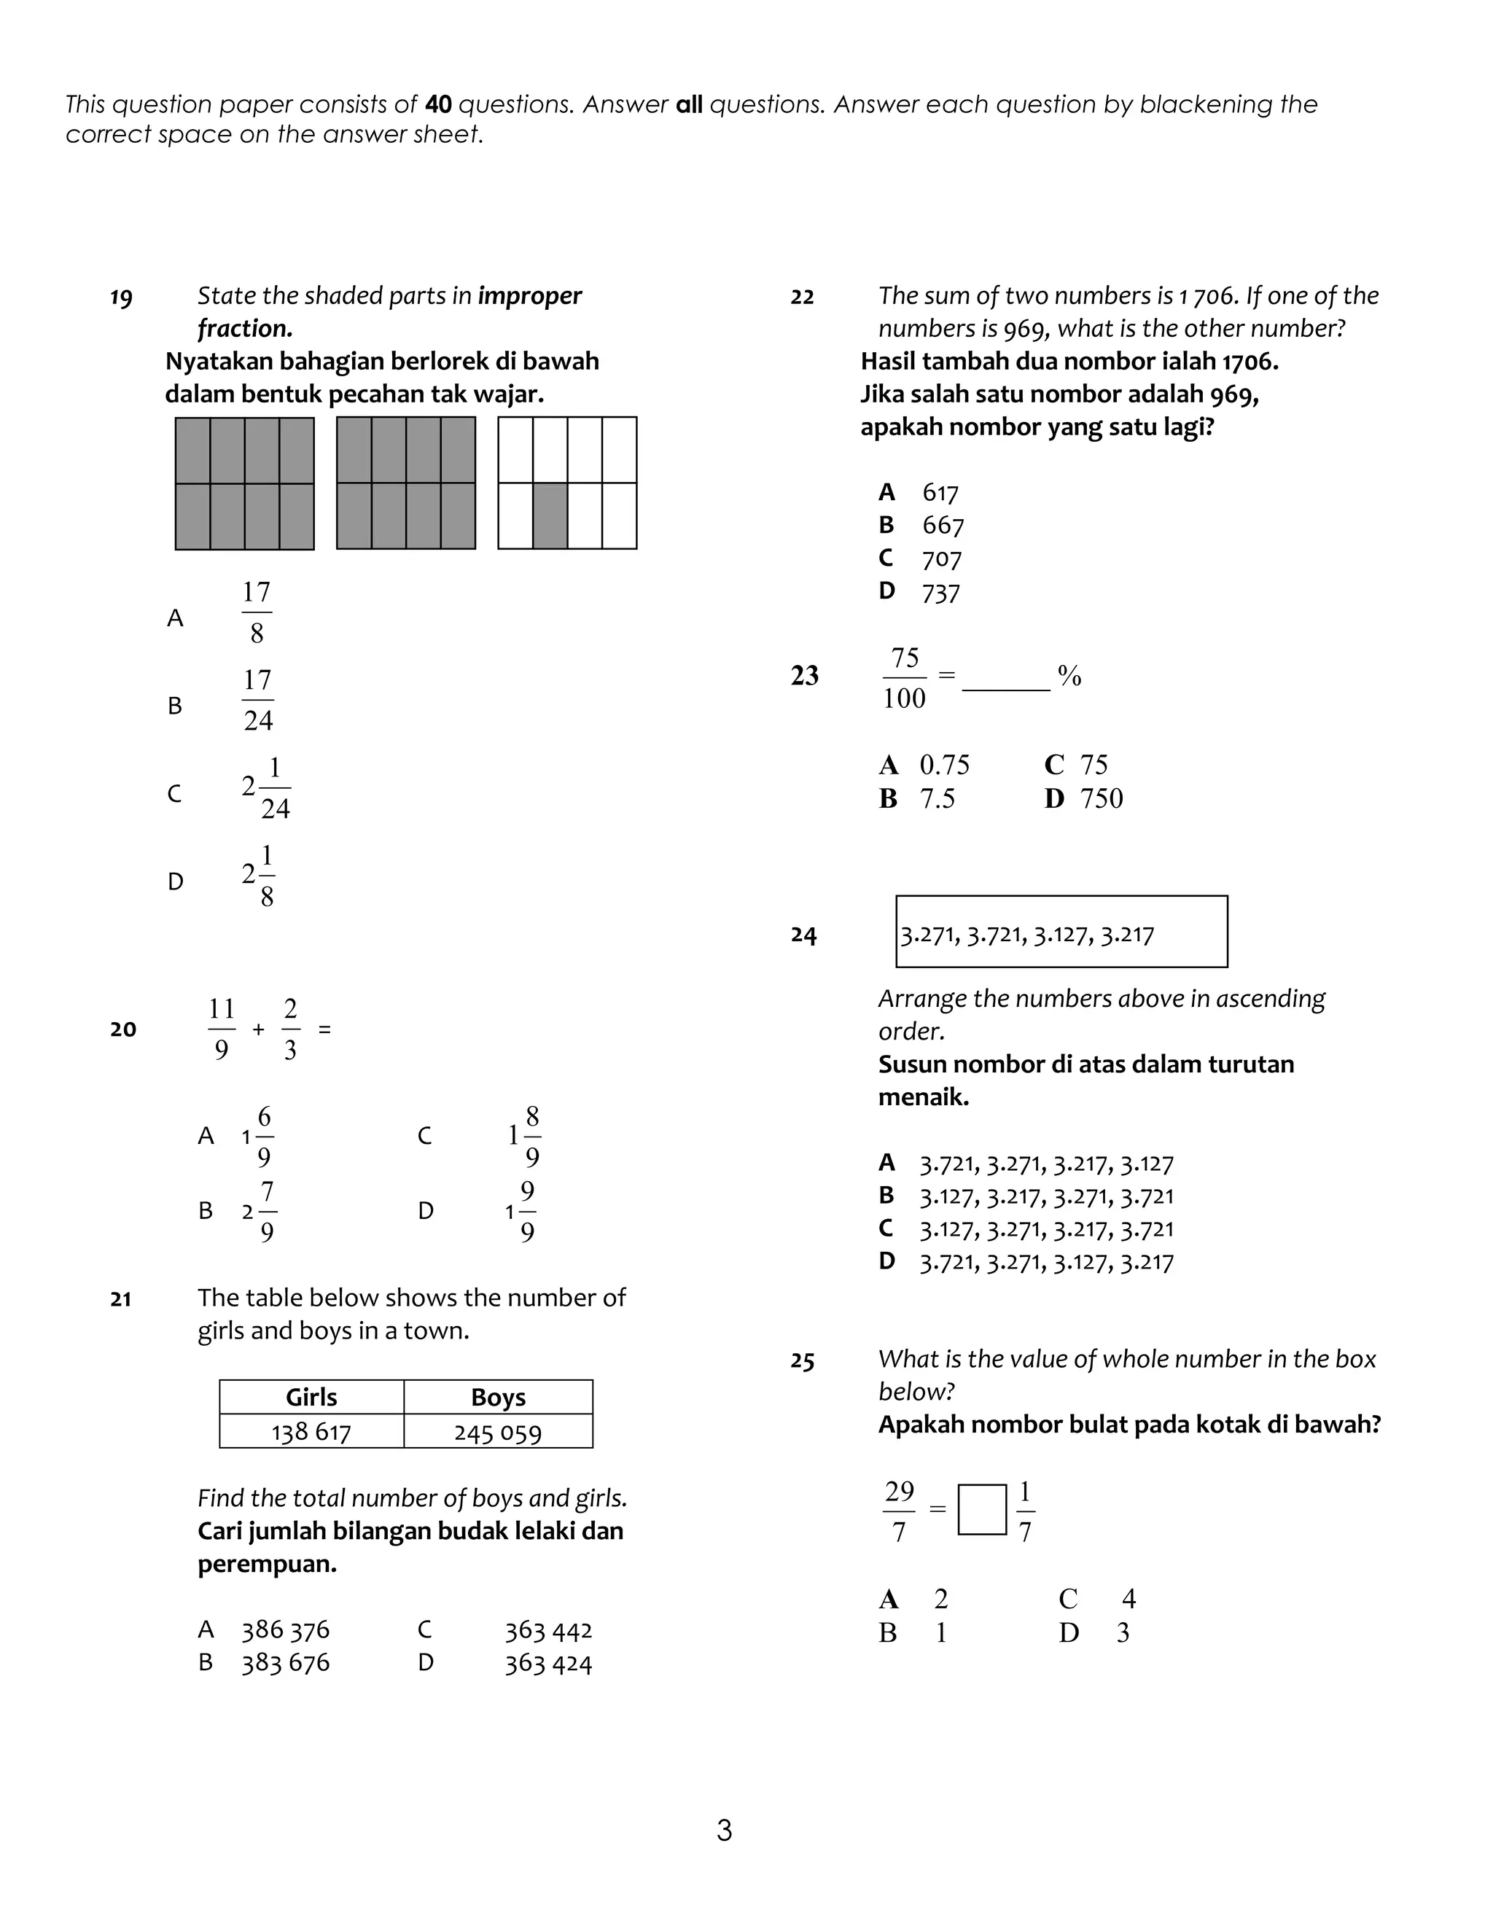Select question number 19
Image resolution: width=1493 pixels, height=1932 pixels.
click(x=121, y=297)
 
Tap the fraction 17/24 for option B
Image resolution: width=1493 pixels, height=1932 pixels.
click(x=257, y=701)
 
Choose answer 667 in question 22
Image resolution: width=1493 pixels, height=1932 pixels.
click(x=943, y=526)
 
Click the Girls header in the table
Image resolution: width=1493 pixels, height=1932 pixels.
click(x=311, y=1397)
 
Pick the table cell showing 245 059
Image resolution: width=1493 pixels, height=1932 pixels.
click(x=498, y=1432)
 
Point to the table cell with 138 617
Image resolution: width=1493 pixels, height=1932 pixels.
click(x=311, y=1432)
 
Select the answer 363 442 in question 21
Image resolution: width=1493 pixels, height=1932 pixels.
click(x=548, y=1629)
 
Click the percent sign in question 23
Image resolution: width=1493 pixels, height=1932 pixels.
click(x=1069, y=677)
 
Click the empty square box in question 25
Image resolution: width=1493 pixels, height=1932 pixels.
click(x=982, y=1509)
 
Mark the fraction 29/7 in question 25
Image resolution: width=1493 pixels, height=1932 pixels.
click(x=899, y=1510)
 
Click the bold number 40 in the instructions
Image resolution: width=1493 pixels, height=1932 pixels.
click(x=438, y=104)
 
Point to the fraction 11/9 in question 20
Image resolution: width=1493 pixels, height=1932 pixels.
click(x=221, y=1029)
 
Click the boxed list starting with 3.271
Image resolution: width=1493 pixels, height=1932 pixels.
click(x=1061, y=932)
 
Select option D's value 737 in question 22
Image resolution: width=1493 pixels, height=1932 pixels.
click(x=940, y=593)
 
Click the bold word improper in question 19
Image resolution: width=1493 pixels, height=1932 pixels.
click(x=530, y=295)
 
